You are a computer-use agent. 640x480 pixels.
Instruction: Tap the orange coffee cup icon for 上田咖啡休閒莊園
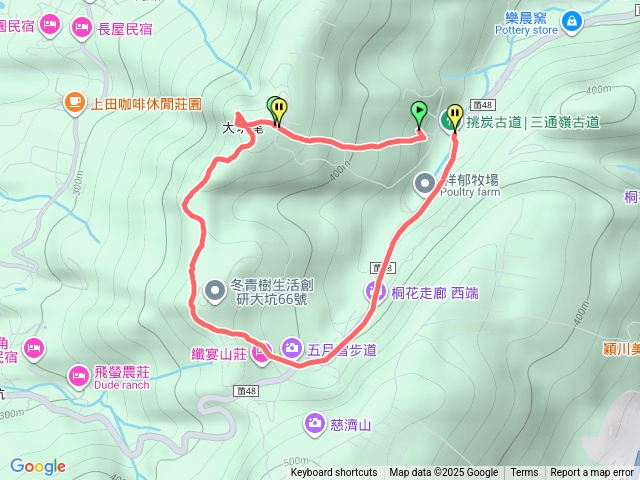click(x=75, y=102)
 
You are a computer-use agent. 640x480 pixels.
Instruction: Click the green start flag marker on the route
click(x=420, y=113)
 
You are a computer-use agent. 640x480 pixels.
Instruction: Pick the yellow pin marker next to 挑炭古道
click(x=455, y=117)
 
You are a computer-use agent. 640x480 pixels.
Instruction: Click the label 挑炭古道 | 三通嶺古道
click(x=533, y=123)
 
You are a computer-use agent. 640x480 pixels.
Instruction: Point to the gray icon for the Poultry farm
click(x=425, y=182)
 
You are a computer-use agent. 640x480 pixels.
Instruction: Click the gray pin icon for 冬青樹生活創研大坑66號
click(x=215, y=290)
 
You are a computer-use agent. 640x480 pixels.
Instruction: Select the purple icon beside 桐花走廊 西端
click(x=376, y=292)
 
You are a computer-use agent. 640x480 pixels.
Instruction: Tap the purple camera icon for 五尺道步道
click(x=291, y=348)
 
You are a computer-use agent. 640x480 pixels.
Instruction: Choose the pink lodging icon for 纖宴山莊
click(x=262, y=352)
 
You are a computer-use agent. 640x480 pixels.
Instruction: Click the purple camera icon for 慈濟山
click(x=315, y=424)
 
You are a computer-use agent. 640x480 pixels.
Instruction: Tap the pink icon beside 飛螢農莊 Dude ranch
click(x=78, y=375)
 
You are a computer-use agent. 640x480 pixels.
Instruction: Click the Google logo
click(x=38, y=466)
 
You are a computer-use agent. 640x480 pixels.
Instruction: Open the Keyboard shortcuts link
click(x=334, y=473)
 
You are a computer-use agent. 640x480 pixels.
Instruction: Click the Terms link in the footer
click(x=524, y=473)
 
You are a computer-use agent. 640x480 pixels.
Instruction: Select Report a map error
click(x=592, y=473)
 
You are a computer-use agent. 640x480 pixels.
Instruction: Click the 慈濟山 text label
click(x=351, y=425)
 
